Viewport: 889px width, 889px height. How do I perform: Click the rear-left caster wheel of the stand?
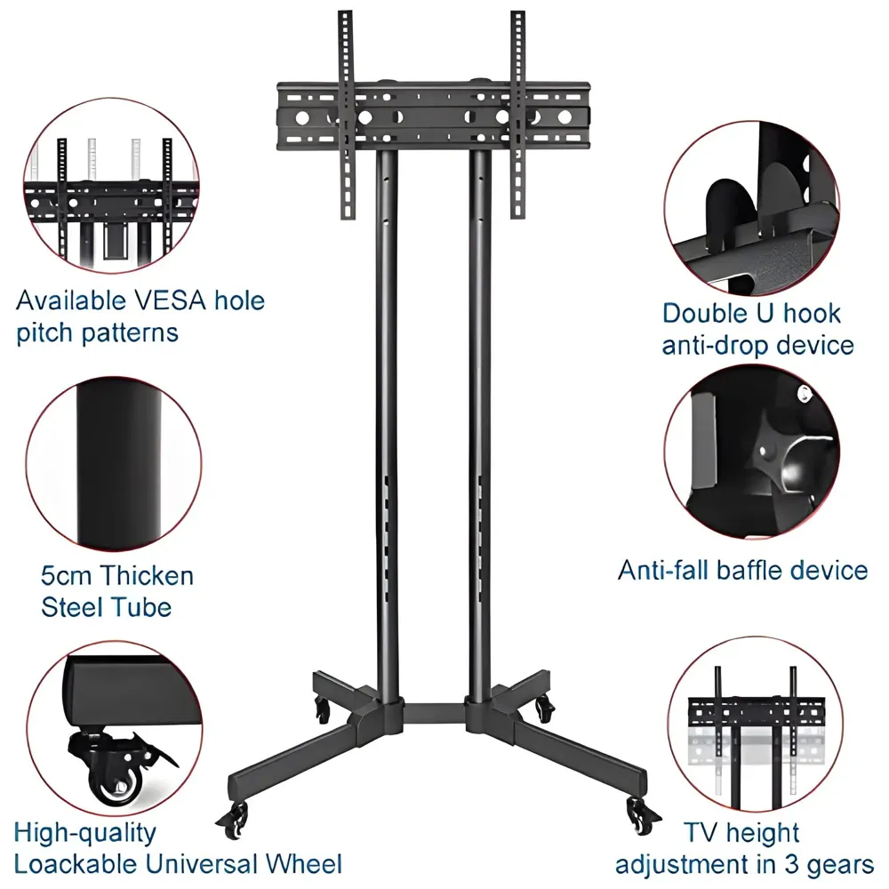[x=321, y=709]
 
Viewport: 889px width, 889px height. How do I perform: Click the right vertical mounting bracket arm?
[x=518, y=116]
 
